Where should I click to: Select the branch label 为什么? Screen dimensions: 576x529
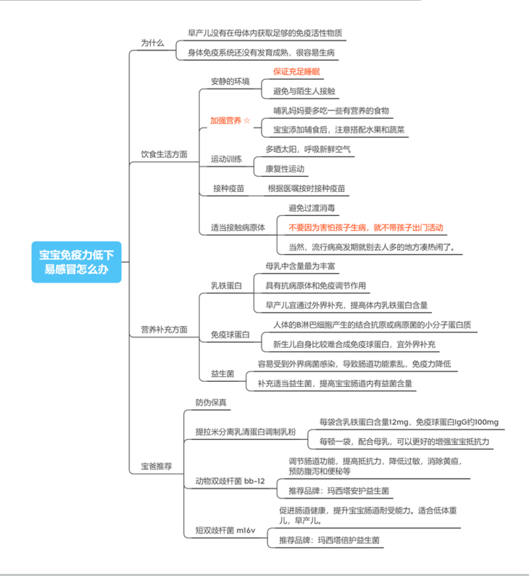click(152, 43)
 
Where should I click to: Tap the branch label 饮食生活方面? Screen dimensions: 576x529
click(164, 154)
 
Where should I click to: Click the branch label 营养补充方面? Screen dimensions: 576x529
click(164, 330)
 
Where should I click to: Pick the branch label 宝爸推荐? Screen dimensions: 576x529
click(156, 467)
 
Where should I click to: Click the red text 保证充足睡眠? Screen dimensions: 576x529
click(296, 72)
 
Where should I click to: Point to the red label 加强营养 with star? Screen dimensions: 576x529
click(230, 120)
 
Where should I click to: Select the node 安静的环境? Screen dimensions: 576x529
click(230, 81)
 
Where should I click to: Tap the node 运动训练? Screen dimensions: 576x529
click(226, 159)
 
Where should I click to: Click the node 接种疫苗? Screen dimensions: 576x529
click(228, 188)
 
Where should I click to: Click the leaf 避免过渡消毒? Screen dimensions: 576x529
click(312, 208)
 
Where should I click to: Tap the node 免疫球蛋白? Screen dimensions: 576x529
click(230, 335)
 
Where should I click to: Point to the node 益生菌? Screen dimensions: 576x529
click(222, 374)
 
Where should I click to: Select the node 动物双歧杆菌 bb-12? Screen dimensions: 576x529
click(230, 481)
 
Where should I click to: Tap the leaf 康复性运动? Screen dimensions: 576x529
click(285, 169)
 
